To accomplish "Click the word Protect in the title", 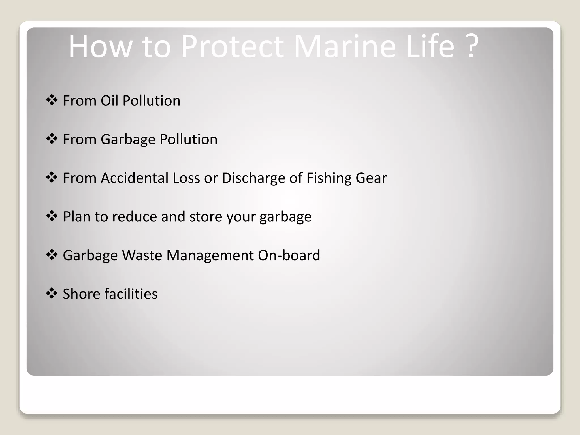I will [x=232, y=46].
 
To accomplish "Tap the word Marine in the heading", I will [x=344, y=46].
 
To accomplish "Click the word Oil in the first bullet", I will [x=109, y=101].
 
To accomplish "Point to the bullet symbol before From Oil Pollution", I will [x=52, y=100].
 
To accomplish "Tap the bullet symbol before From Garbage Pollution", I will [x=52, y=139].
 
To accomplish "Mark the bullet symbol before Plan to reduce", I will [x=52, y=216].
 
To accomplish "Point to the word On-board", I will [x=289, y=255].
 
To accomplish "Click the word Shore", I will [x=81, y=294].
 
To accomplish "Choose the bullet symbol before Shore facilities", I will [x=52, y=293].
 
